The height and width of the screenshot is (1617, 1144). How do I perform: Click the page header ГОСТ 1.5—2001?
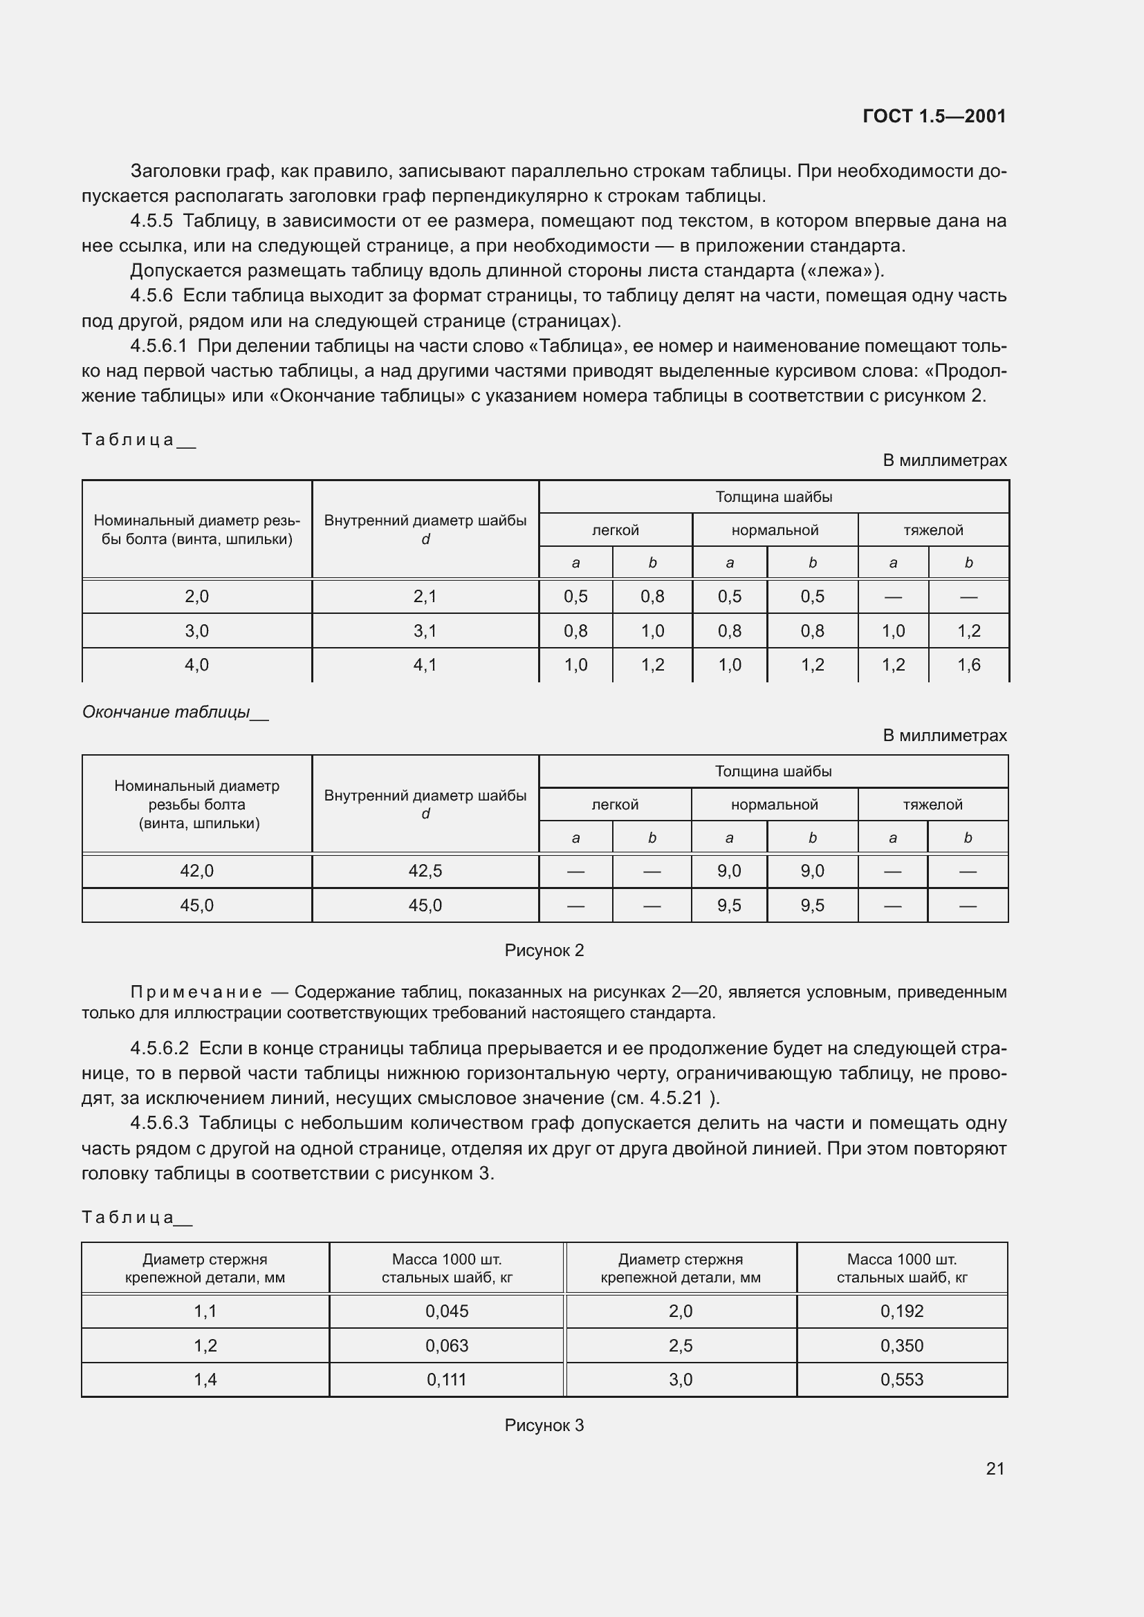(934, 116)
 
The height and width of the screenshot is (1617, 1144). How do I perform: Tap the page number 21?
(995, 1468)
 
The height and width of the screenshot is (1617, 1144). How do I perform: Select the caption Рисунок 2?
(544, 950)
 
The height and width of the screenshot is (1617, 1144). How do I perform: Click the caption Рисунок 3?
(544, 1426)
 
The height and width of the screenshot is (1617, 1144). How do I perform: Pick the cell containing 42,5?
(425, 871)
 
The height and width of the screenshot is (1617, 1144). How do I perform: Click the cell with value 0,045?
(447, 1311)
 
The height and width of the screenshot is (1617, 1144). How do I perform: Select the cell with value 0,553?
(902, 1380)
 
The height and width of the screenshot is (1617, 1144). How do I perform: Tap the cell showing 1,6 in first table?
(968, 665)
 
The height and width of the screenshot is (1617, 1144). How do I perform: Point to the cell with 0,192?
(902, 1311)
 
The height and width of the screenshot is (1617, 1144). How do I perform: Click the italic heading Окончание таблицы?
(166, 712)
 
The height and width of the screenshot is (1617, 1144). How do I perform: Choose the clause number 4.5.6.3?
(158, 1123)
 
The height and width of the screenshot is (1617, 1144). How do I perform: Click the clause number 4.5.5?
(151, 221)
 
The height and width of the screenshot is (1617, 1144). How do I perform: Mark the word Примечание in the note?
(196, 992)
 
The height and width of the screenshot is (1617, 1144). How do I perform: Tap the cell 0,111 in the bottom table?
(447, 1380)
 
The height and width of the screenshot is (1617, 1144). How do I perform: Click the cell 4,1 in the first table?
(425, 665)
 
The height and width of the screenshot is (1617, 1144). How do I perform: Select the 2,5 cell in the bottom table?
(681, 1346)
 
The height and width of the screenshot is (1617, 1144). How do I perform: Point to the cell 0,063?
(447, 1346)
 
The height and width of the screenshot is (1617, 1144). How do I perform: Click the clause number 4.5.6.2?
(158, 1049)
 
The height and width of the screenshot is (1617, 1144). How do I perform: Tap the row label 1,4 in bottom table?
(205, 1380)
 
